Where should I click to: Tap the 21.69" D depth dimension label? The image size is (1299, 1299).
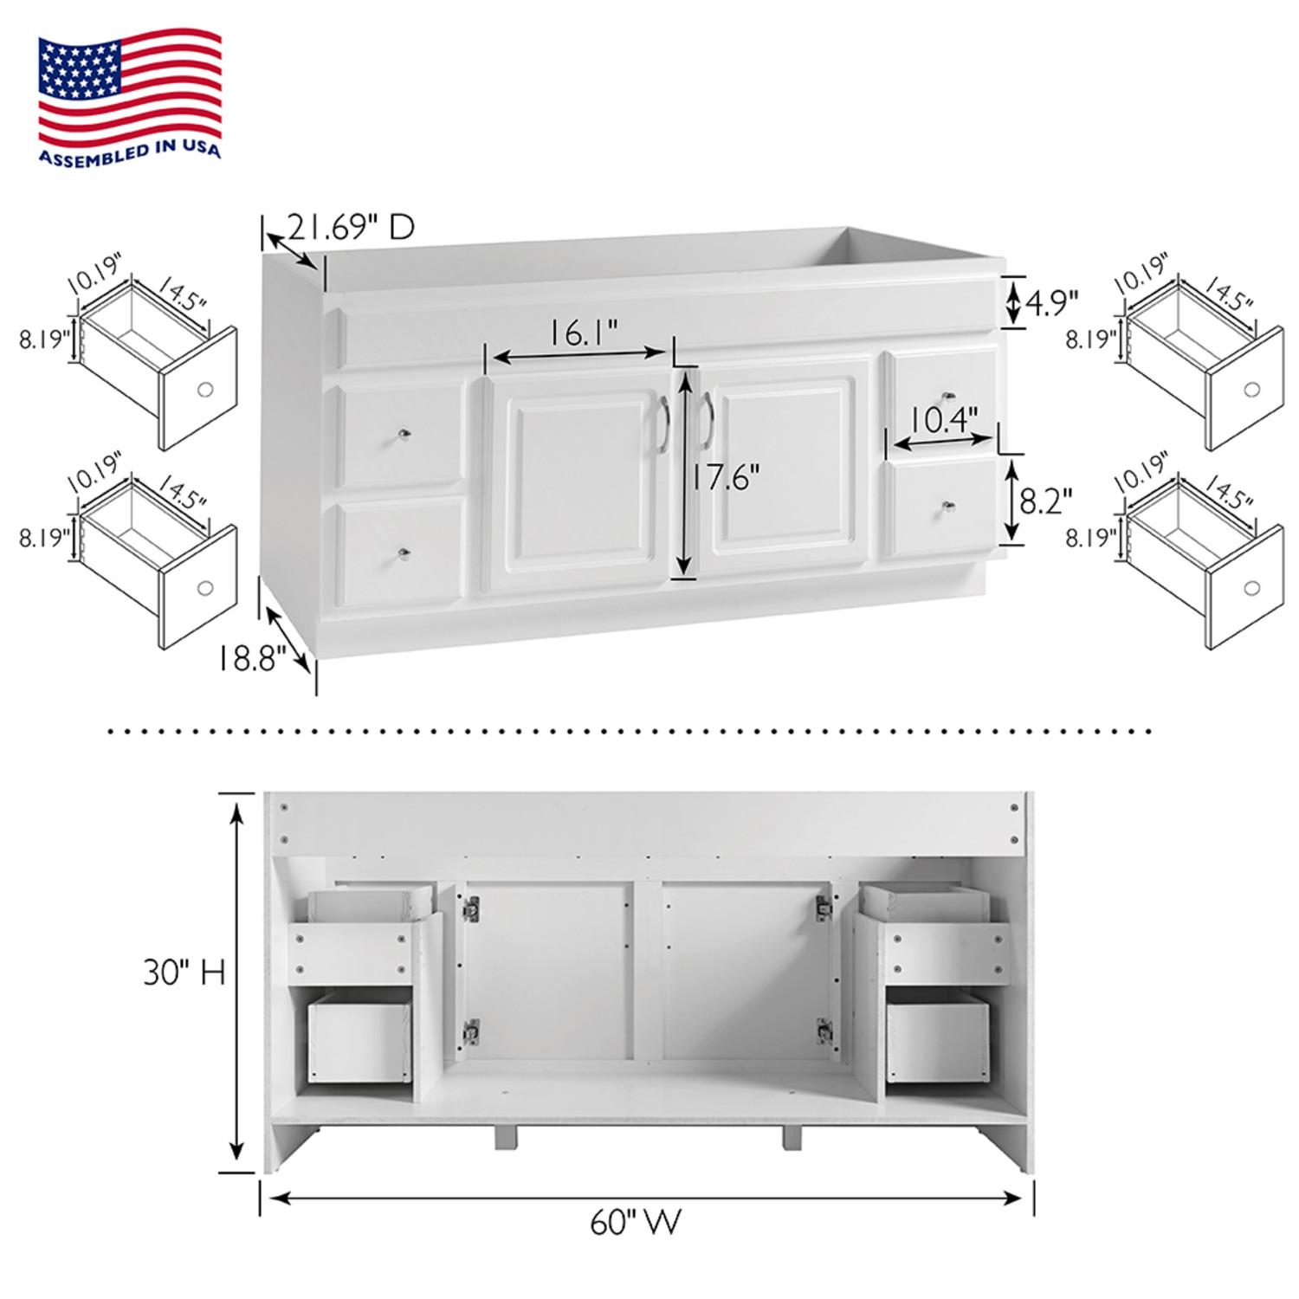tap(351, 227)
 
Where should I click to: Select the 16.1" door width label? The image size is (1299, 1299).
tap(585, 333)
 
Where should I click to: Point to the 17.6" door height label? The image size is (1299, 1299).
tap(726, 477)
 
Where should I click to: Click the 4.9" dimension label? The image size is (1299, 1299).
tap(1051, 302)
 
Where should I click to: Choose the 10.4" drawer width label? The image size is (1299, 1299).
tap(944, 421)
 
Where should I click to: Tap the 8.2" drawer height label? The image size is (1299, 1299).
tap(1046, 501)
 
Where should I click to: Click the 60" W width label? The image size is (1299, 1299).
tap(637, 1222)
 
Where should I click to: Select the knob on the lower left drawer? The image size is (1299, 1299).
tap(404, 553)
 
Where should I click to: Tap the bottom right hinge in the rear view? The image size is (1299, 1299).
tap(823, 1030)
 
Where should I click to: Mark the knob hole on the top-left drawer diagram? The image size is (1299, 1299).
tap(205, 390)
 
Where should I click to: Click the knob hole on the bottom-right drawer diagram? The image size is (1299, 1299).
tap(1251, 589)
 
